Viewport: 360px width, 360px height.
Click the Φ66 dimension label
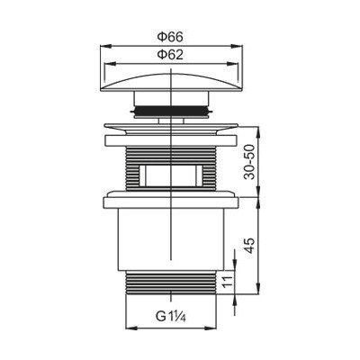point(170,37)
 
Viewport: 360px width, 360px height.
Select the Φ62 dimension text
point(170,55)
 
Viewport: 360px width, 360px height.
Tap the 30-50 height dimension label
point(249,162)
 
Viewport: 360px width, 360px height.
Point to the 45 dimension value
point(249,246)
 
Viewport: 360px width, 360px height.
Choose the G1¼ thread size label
point(171,317)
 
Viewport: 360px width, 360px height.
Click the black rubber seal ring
point(171,111)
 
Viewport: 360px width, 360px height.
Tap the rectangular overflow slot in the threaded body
point(171,175)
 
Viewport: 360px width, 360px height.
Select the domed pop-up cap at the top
point(171,81)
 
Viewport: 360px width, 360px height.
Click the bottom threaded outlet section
point(171,283)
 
